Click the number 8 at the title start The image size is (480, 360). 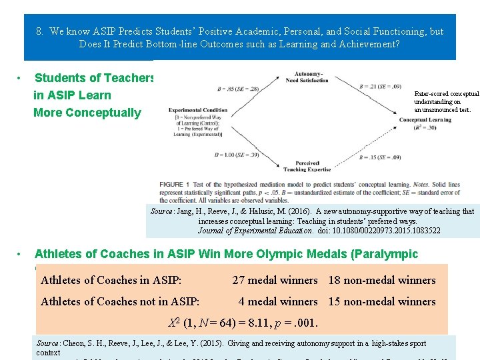point(39,31)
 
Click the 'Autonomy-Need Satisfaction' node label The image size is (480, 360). point(309,77)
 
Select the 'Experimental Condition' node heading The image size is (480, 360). point(198,110)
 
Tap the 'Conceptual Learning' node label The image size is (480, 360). point(425,120)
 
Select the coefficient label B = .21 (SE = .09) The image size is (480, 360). point(377,87)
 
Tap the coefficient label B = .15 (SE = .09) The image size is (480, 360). point(378,157)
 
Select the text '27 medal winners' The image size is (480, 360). point(275,281)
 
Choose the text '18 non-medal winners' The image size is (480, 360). point(382,281)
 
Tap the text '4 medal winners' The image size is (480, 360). point(278,301)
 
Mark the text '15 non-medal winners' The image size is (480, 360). point(382,301)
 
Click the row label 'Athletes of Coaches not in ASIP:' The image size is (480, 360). point(120,301)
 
